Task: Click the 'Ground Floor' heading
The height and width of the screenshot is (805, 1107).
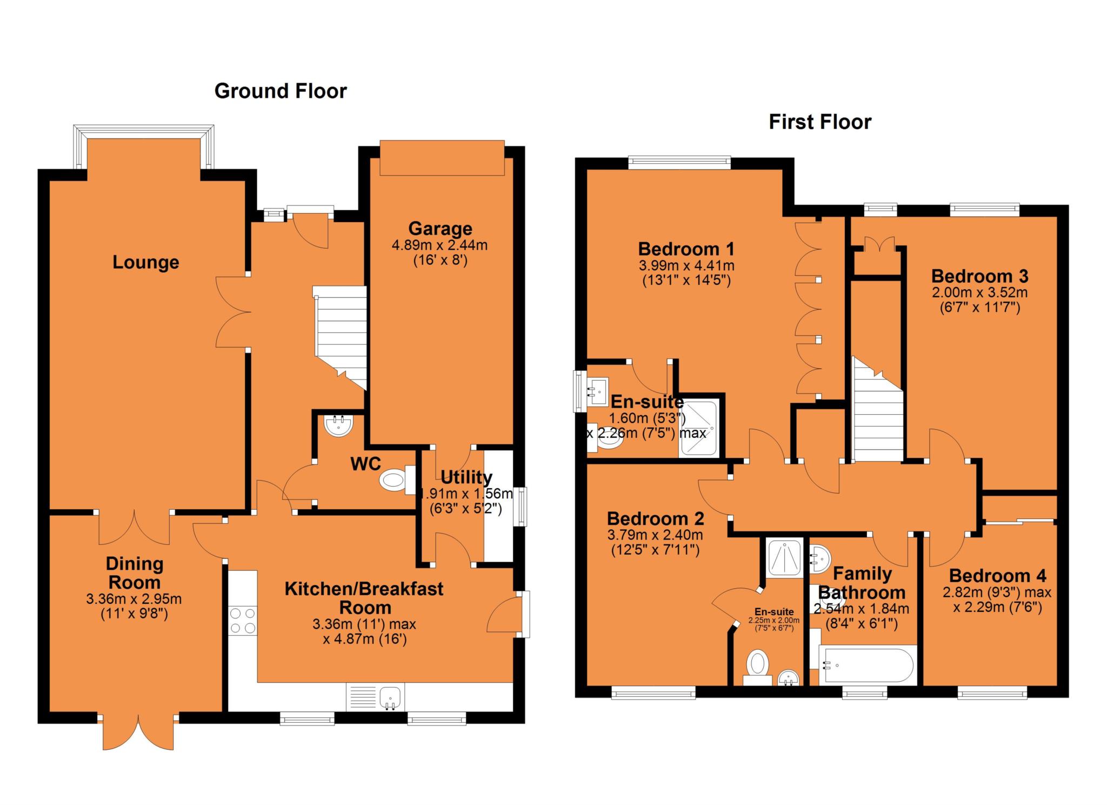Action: tap(281, 91)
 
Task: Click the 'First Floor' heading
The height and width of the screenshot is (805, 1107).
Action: tap(820, 122)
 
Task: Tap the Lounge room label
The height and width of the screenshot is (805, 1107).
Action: tap(145, 262)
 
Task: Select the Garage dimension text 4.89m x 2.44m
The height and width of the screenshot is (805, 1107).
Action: tap(439, 245)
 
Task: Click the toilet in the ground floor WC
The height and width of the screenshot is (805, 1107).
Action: tap(397, 479)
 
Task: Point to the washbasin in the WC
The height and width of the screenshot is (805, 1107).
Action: tap(339, 425)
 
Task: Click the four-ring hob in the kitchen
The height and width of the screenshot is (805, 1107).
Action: tap(243, 621)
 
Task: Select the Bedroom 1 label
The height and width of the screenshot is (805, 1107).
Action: tap(686, 249)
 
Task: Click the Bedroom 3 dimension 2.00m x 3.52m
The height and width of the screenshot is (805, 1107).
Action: tap(979, 293)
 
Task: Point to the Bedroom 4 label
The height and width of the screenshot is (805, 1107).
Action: tap(997, 575)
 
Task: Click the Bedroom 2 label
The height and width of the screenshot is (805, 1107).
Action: tap(655, 519)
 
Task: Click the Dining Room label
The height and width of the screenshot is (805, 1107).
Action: tap(134, 573)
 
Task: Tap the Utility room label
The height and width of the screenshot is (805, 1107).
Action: tap(466, 477)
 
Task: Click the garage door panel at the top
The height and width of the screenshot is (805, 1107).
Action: tap(442, 158)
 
